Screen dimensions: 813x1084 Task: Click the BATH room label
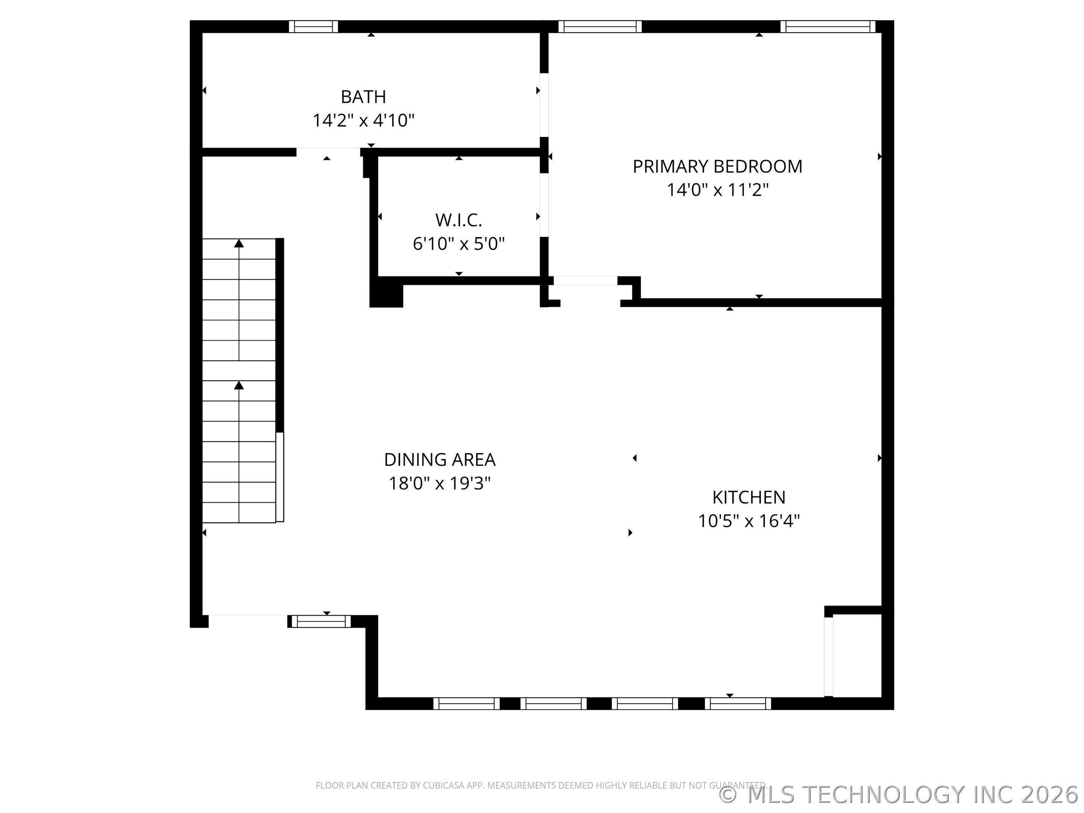click(x=363, y=97)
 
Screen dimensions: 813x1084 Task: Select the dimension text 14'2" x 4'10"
click(x=363, y=120)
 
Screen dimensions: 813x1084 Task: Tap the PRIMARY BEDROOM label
click(x=717, y=167)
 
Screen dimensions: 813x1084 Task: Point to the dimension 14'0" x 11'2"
click(x=717, y=190)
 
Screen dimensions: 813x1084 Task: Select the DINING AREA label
click(x=440, y=460)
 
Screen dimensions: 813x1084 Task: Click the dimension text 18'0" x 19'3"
click(x=440, y=483)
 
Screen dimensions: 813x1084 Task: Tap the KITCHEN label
click(x=748, y=498)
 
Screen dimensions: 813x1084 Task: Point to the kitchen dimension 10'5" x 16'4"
click(x=748, y=521)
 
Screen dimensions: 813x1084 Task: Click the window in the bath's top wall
click(x=313, y=26)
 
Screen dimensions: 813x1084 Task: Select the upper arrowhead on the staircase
click(x=239, y=243)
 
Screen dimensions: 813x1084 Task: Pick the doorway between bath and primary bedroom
click(x=544, y=105)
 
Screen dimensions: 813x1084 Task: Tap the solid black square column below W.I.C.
click(x=386, y=295)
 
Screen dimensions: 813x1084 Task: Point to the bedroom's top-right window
click(x=827, y=26)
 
